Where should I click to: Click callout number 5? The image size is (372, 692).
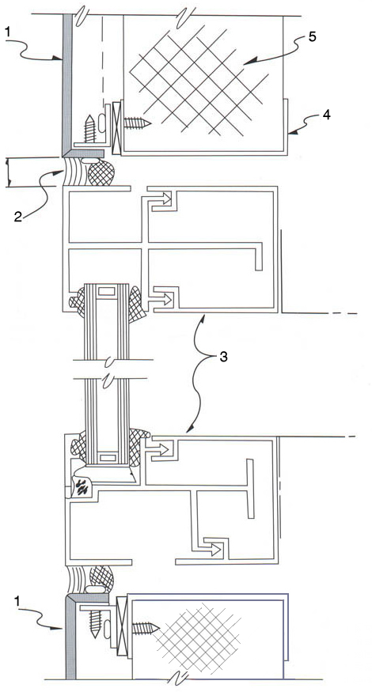(313, 37)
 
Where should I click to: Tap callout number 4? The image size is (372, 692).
(325, 115)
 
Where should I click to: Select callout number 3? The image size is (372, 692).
(223, 357)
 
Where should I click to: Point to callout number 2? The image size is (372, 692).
(17, 217)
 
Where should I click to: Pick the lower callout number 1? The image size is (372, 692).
(17, 600)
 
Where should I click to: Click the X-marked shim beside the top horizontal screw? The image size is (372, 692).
(117, 128)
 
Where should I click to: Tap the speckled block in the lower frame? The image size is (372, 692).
(82, 486)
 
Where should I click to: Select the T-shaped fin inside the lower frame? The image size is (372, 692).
(250, 488)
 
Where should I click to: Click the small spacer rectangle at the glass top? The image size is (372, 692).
(108, 292)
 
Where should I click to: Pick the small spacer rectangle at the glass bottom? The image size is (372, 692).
(108, 458)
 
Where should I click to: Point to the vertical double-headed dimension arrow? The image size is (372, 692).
(8, 173)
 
